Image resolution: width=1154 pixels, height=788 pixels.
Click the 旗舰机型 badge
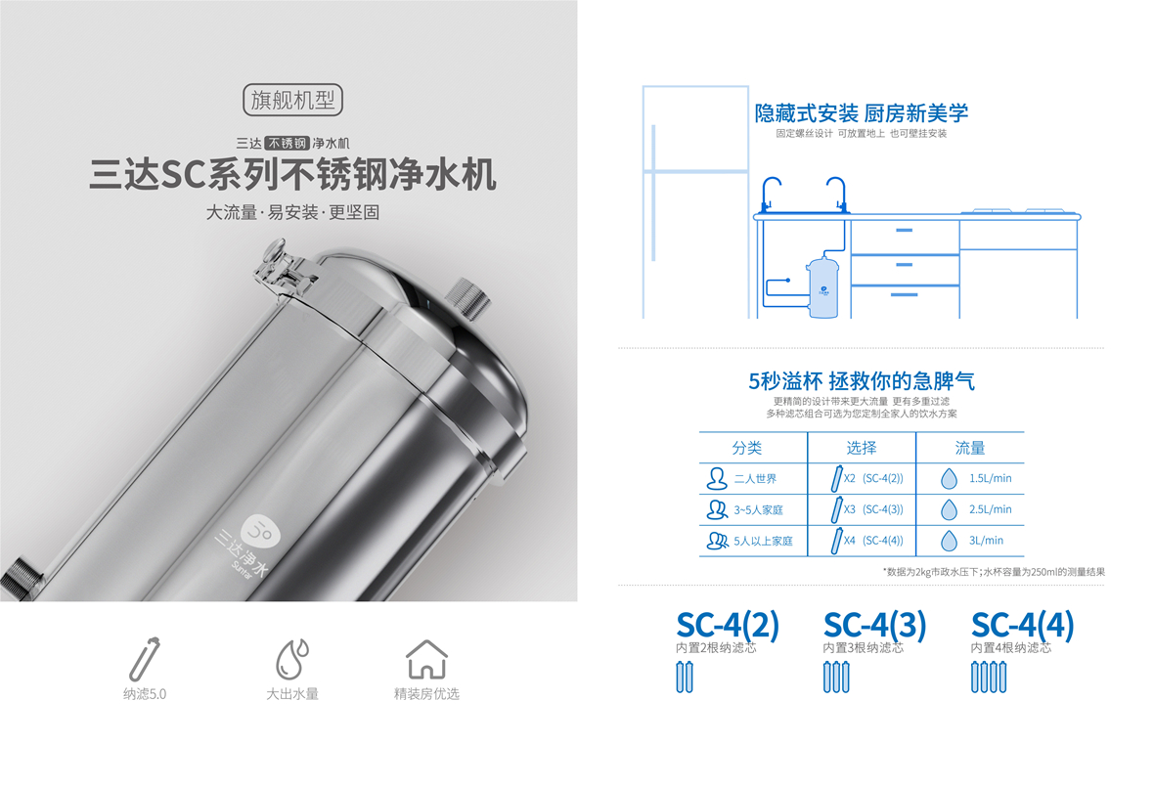(x=291, y=99)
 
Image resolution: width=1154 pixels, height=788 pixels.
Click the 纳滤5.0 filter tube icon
(x=145, y=658)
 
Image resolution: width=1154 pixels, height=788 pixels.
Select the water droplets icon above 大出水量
(x=291, y=658)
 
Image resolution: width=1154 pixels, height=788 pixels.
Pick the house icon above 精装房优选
(x=426, y=659)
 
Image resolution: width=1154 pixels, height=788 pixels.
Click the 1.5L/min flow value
(x=990, y=479)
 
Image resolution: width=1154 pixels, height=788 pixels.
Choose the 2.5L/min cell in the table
(x=990, y=509)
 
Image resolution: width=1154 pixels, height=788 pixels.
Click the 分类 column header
(x=747, y=448)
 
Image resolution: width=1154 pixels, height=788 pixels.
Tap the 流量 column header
(x=969, y=448)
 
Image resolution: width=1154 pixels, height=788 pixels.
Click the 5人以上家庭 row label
(x=763, y=540)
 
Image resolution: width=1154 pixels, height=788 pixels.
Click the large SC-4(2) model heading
(x=728, y=625)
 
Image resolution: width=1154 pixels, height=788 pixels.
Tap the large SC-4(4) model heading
(x=1022, y=625)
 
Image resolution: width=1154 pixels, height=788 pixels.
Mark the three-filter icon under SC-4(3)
(x=835, y=677)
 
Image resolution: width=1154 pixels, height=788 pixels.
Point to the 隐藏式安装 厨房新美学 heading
(x=861, y=112)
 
